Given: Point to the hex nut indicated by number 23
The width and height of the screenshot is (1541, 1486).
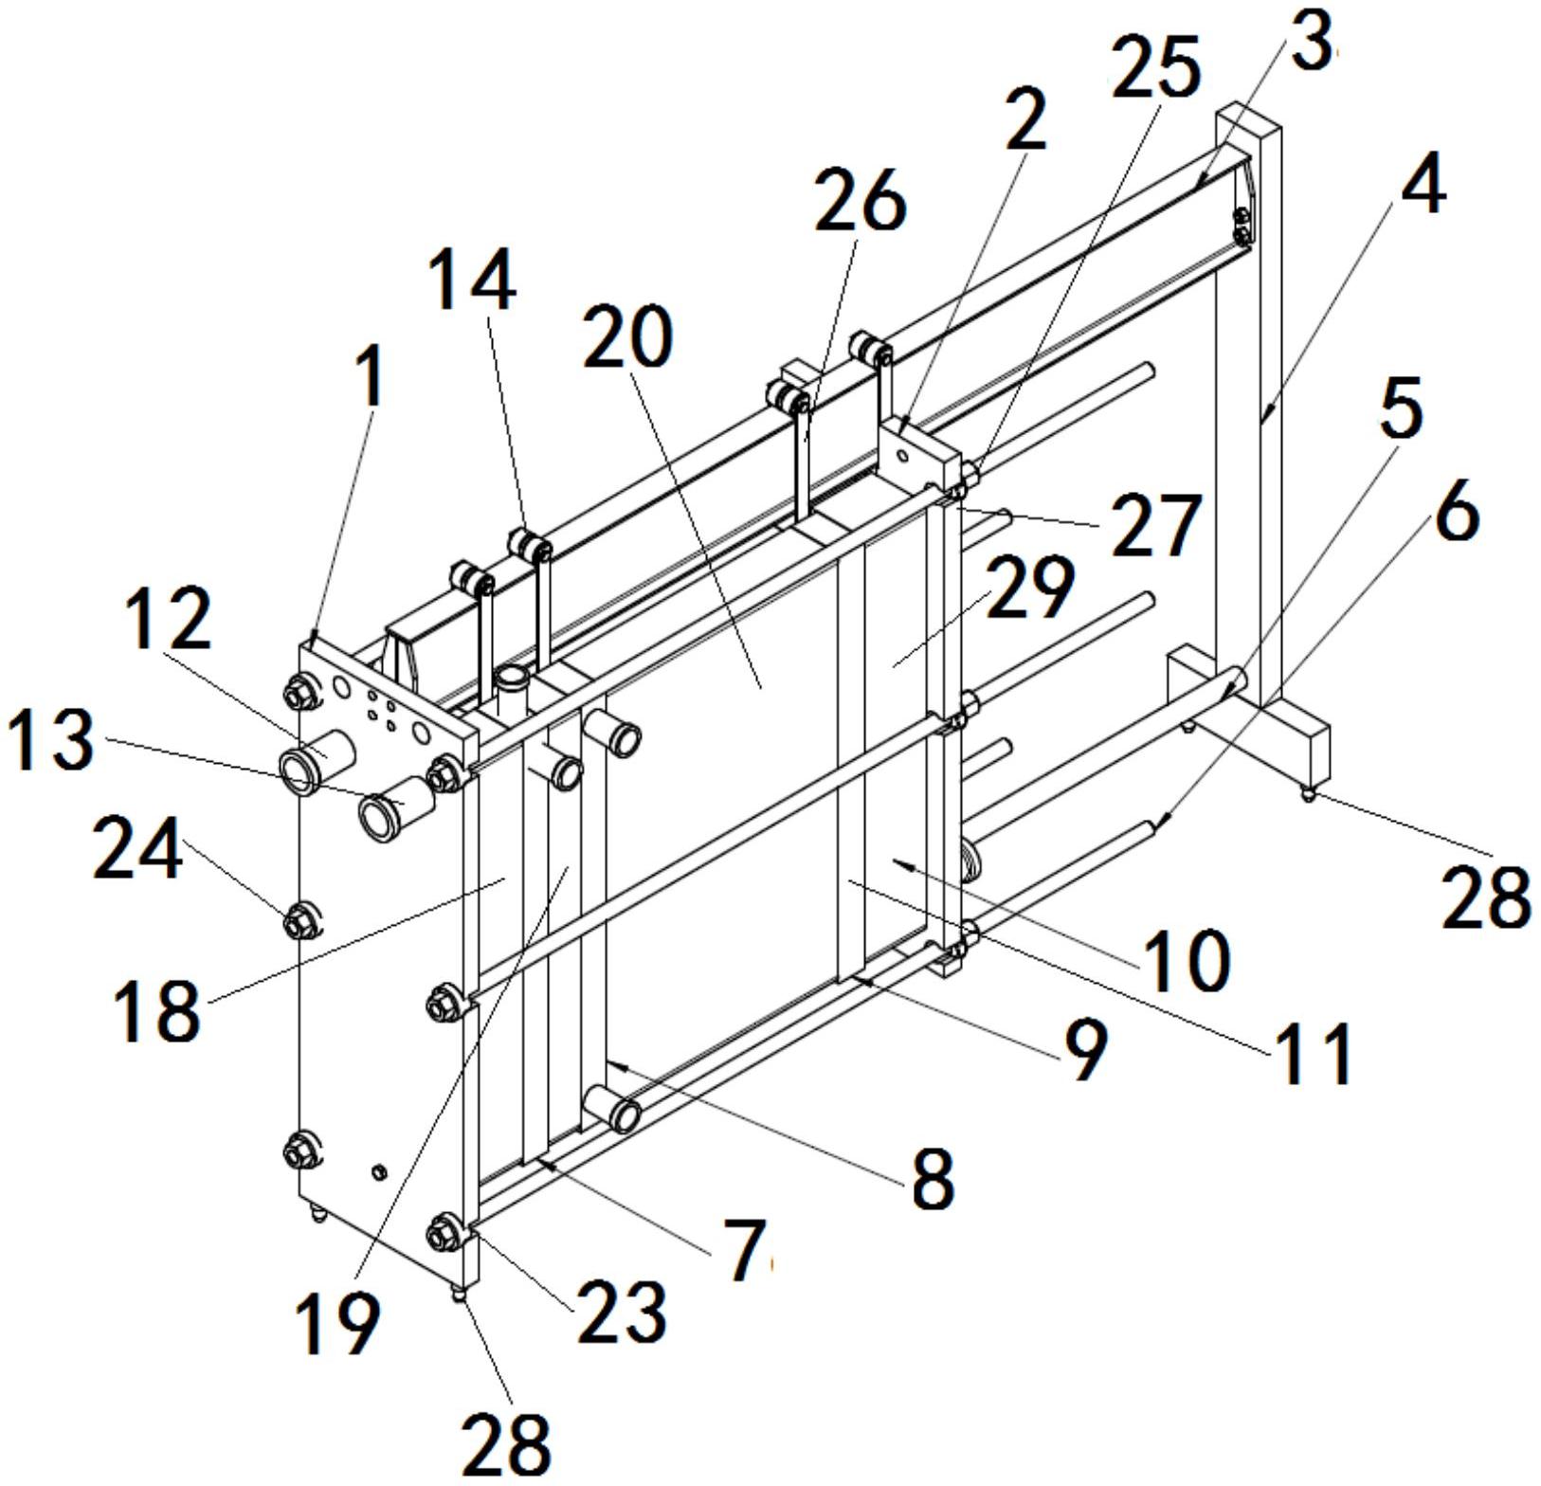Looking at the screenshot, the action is (x=442, y=1233).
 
